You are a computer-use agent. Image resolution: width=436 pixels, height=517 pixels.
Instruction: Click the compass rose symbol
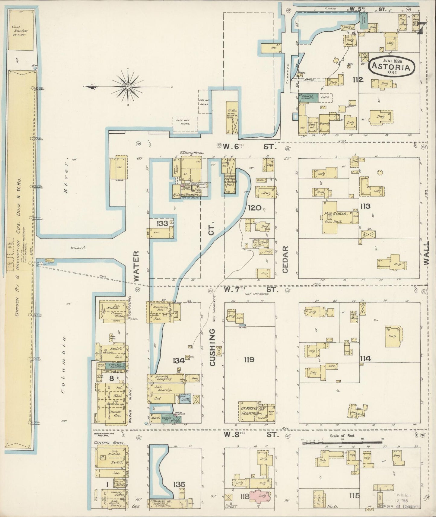(x=128, y=87)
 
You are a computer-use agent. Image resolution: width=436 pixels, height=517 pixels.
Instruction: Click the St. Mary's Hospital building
(x=250, y=411)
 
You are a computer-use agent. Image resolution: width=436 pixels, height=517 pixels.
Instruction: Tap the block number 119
(x=249, y=360)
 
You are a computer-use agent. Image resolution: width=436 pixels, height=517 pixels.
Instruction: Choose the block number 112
(x=359, y=80)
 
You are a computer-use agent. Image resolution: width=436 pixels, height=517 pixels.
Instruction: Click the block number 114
(x=365, y=359)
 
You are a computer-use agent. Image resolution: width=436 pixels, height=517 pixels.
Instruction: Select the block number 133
(x=162, y=224)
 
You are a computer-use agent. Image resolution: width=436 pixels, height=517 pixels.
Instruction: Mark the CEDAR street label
(x=286, y=259)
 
